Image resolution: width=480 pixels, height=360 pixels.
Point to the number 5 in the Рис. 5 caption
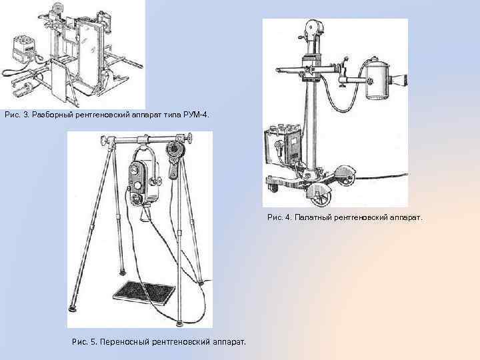click(x=93, y=341)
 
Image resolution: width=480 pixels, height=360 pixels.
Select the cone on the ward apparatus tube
click(x=398, y=80)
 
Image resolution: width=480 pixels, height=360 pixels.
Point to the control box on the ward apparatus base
click(x=283, y=146)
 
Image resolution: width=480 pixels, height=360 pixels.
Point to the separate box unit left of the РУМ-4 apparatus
click(x=24, y=51)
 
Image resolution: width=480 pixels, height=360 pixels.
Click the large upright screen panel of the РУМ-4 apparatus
click(x=91, y=53)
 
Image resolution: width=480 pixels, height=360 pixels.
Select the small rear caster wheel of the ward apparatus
click(x=273, y=187)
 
